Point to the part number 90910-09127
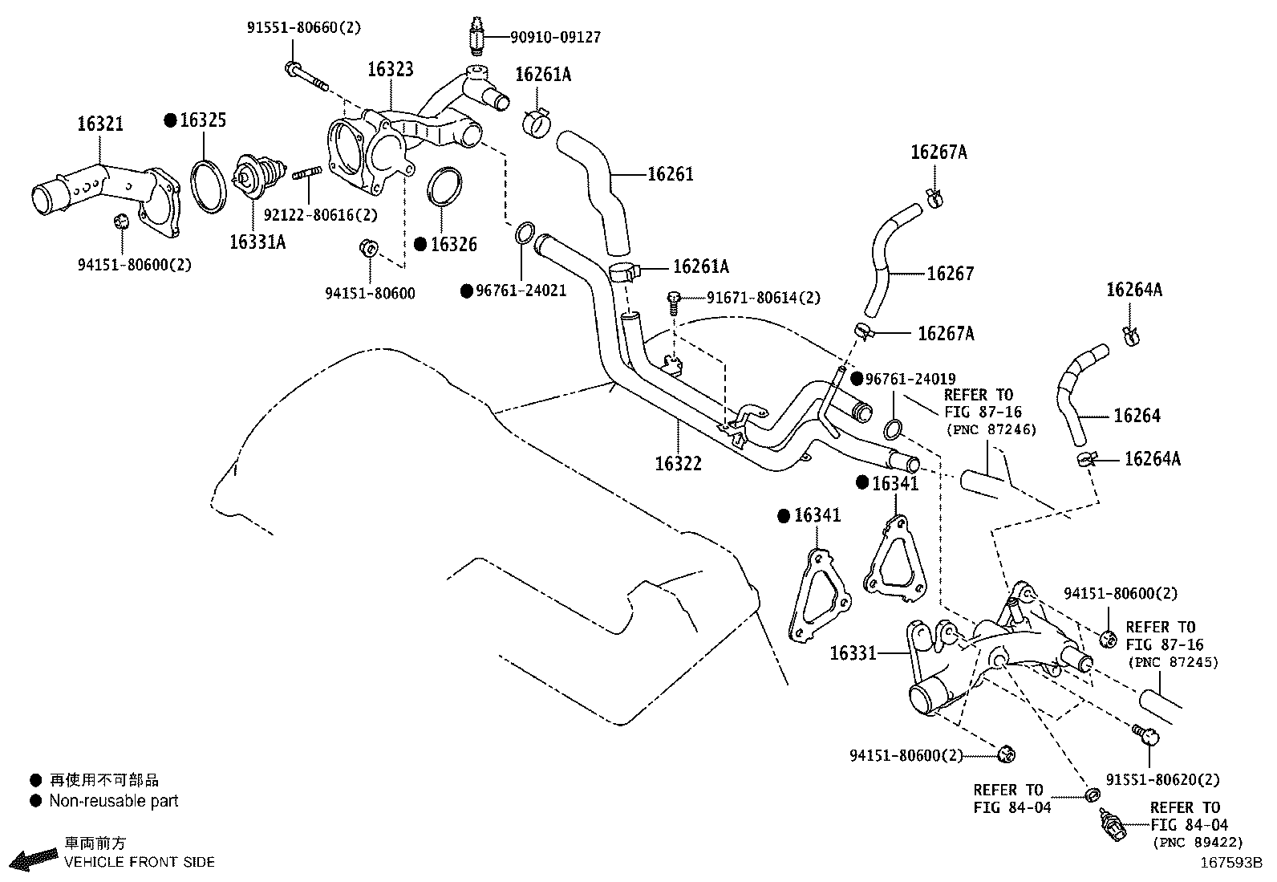pyautogui.click(x=555, y=37)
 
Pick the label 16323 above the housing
pyautogui.click(x=391, y=70)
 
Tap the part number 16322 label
pyautogui.click(x=678, y=464)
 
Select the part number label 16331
pyautogui.click(x=853, y=653)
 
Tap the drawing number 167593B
pyautogui.click(x=1231, y=864)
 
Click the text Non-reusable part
pyautogui.click(x=113, y=801)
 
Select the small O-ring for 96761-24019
pyautogui.click(x=895, y=427)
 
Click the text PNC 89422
pyautogui.click(x=1198, y=843)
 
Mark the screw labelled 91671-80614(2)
pyautogui.click(x=674, y=300)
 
